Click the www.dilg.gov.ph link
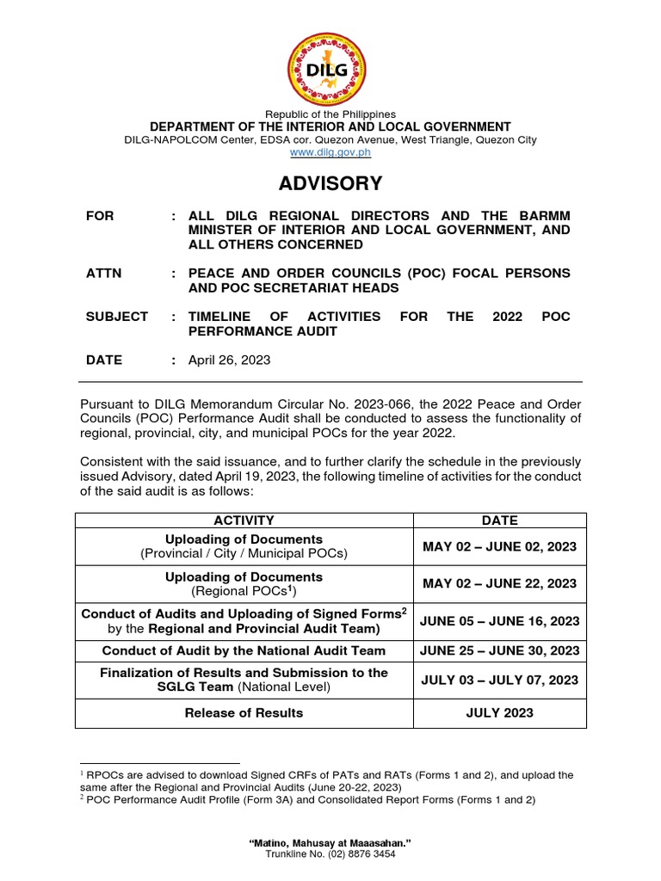(x=330, y=152)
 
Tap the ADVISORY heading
(x=330, y=183)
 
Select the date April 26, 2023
(x=229, y=360)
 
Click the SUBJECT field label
(x=117, y=317)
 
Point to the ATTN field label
(x=104, y=273)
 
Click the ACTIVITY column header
(x=244, y=521)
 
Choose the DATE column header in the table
(x=500, y=521)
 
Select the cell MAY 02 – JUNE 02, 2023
(x=500, y=546)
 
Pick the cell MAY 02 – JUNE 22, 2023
(x=500, y=583)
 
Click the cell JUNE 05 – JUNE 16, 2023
(x=500, y=620)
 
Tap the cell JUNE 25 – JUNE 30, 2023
(x=500, y=650)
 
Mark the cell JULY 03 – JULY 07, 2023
(x=500, y=680)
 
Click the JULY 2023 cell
(x=500, y=712)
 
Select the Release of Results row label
(x=244, y=712)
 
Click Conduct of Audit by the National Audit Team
(x=244, y=650)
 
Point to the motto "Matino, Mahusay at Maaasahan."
(x=330, y=842)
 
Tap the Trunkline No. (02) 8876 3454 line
(x=330, y=853)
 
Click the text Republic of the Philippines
(x=330, y=114)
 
